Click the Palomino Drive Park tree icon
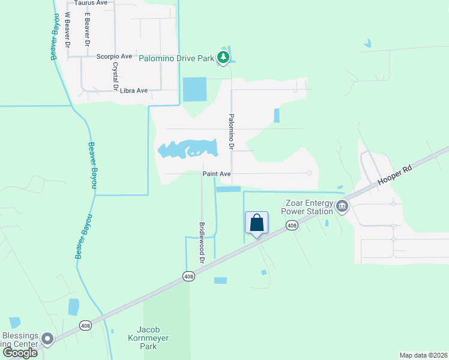(223, 58)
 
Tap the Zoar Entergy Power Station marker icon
(342, 206)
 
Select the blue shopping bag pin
(257, 223)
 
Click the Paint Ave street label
(217, 174)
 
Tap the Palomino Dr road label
(229, 132)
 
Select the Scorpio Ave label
(114, 56)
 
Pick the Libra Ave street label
(134, 91)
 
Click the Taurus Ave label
(91, 3)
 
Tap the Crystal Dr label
(115, 77)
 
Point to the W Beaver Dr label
(67, 30)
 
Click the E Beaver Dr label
(88, 30)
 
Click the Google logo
(20, 353)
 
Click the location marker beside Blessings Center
(47, 340)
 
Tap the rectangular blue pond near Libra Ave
(194, 89)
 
